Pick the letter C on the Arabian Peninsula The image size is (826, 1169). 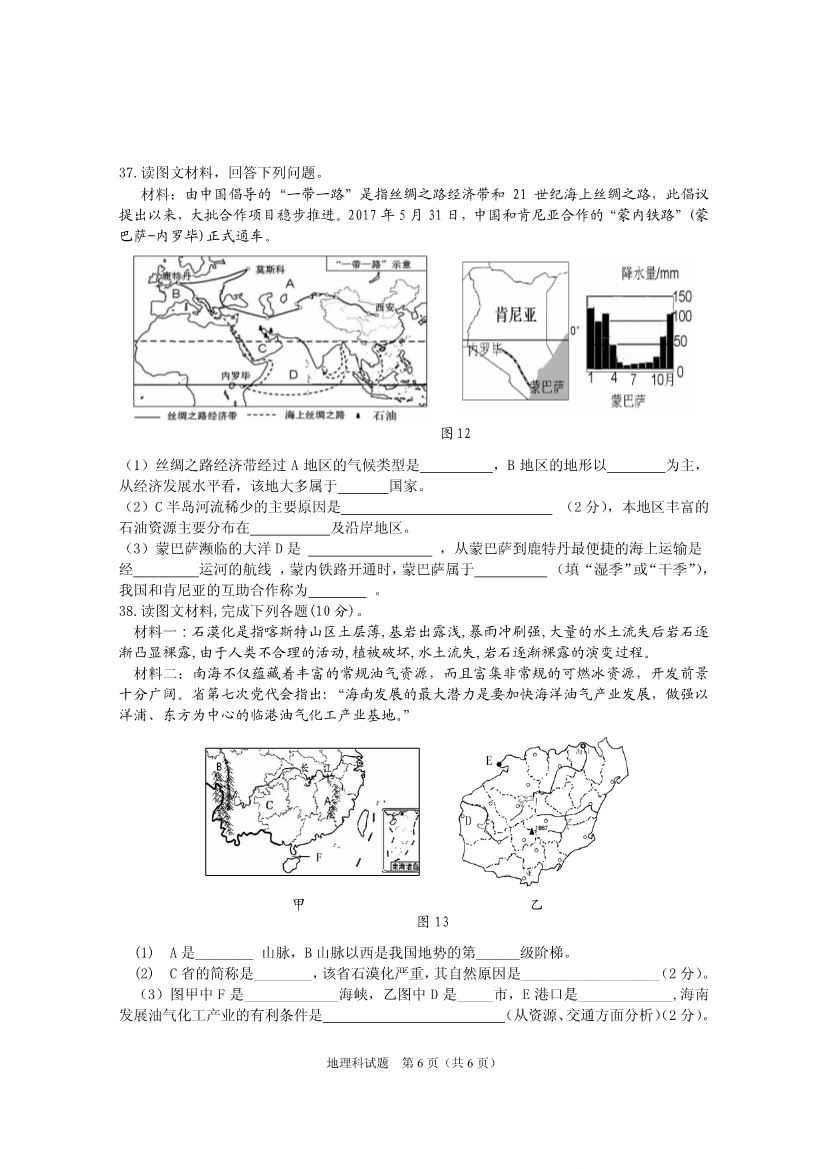(260, 347)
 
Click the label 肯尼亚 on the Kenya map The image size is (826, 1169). (516, 314)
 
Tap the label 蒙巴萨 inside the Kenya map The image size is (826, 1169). (547, 386)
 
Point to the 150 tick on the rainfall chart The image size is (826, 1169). (683, 297)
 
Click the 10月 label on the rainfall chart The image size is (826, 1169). (663, 380)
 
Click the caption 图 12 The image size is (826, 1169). (455, 433)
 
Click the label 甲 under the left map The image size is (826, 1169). (298, 904)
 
